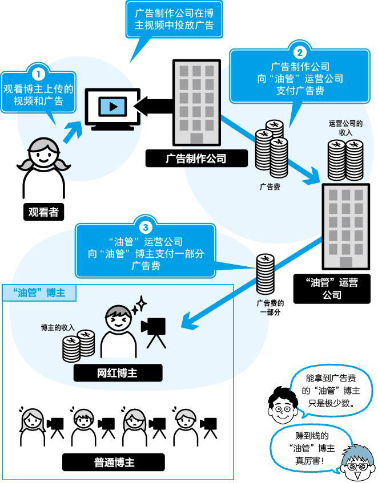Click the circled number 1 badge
(x=38, y=74)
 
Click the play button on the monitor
(x=112, y=106)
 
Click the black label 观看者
(x=43, y=212)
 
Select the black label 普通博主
(x=114, y=462)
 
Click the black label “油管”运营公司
(x=331, y=289)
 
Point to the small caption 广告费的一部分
(x=270, y=307)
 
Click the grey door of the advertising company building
(x=196, y=138)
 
